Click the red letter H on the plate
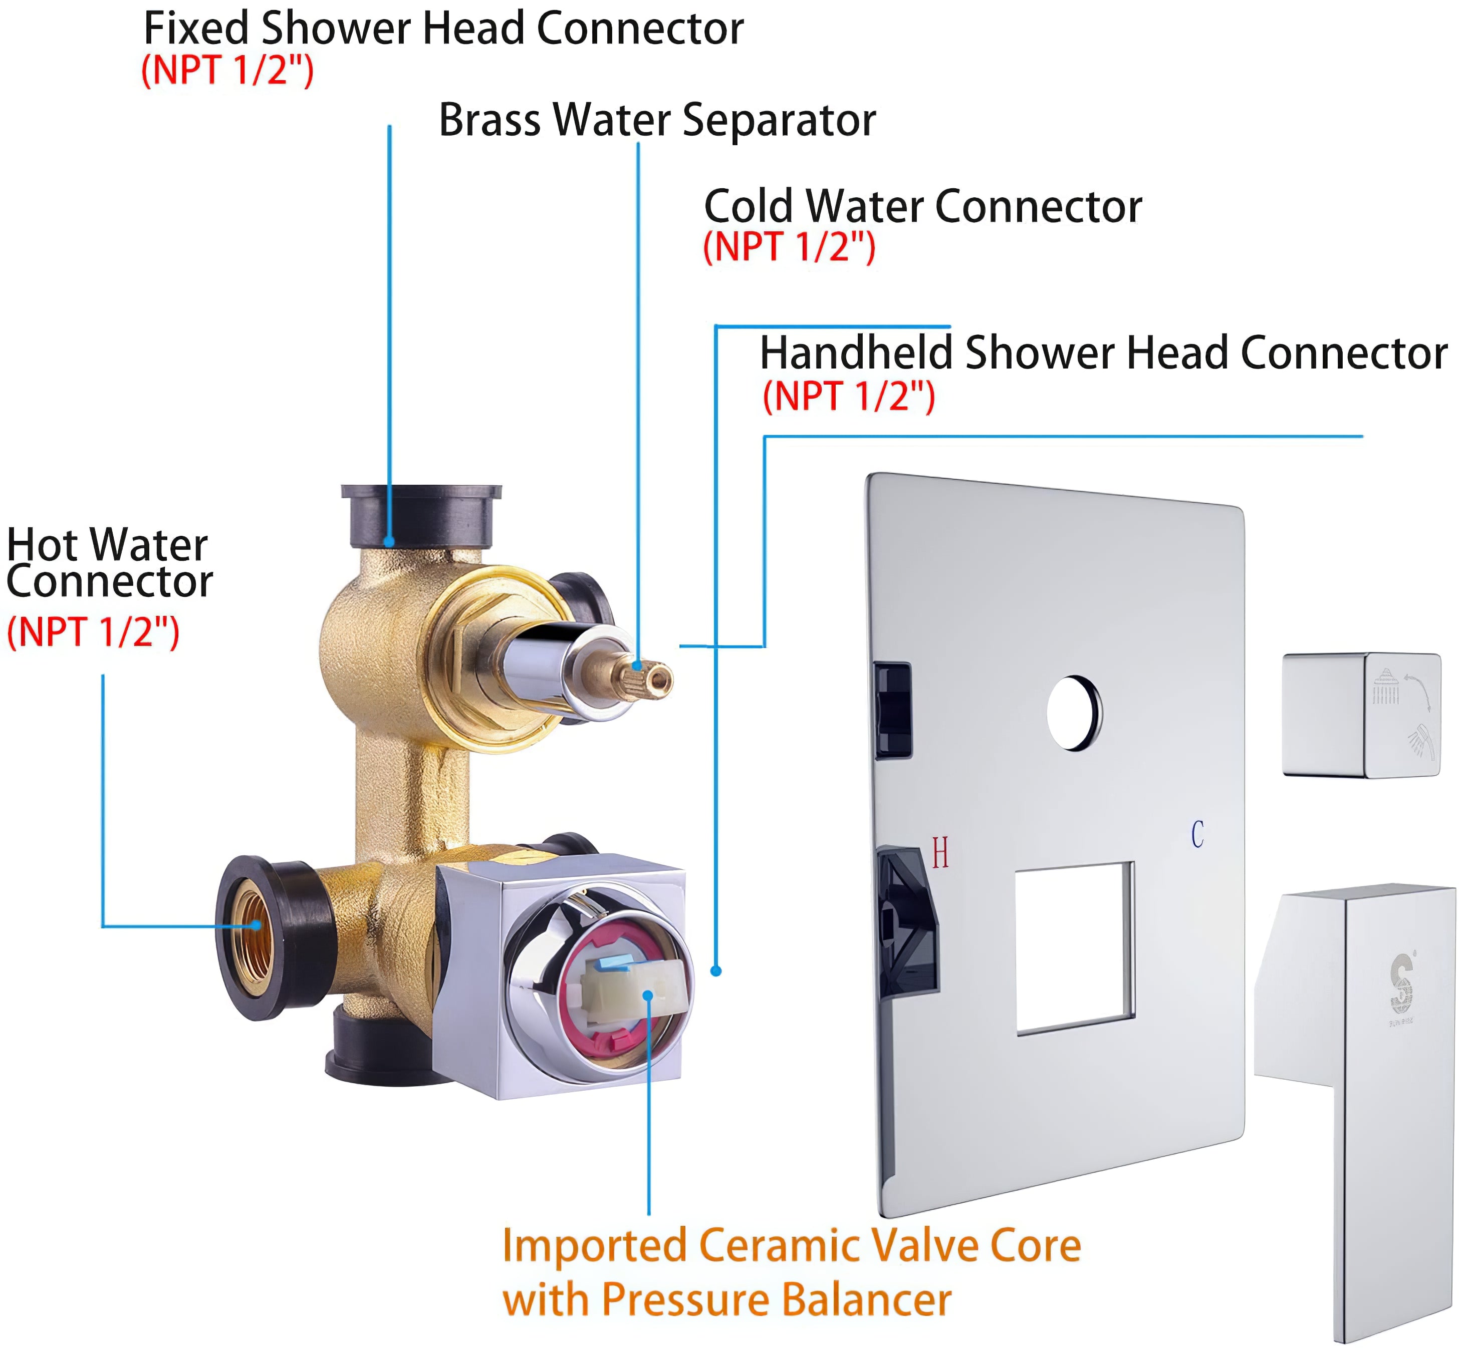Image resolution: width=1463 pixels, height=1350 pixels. coord(940,853)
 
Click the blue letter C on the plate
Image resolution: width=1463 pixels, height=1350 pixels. coord(1197,834)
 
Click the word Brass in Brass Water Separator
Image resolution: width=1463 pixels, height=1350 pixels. coord(490,121)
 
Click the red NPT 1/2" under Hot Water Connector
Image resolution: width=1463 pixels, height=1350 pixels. coord(93,632)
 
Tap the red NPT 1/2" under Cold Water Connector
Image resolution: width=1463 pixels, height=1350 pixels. coord(789,247)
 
